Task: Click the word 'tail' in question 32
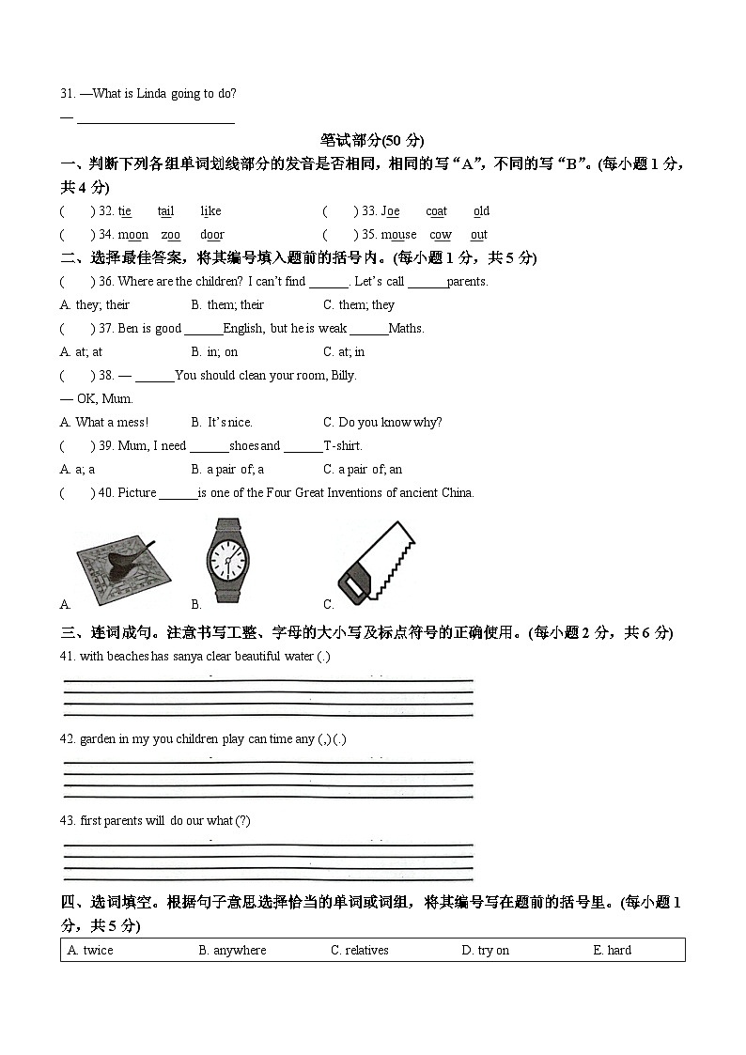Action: click(x=165, y=211)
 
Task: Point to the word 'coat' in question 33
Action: click(x=436, y=211)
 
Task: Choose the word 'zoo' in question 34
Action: click(x=170, y=235)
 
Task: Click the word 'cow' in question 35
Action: click(x=440, y=235)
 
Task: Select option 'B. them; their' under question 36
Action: click(x=227, y=305)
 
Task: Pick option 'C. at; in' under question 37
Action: click(x=344, y=352)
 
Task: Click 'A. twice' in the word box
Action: click(x=90, y=951)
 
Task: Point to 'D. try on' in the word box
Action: click(x=485, y=951)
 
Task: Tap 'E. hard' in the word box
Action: click(x=612, y=951)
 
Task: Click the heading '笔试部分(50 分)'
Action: click(x=372, y=140)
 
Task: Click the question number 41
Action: click(x=68, y=657)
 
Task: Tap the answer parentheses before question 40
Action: click(x=77, y=493)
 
